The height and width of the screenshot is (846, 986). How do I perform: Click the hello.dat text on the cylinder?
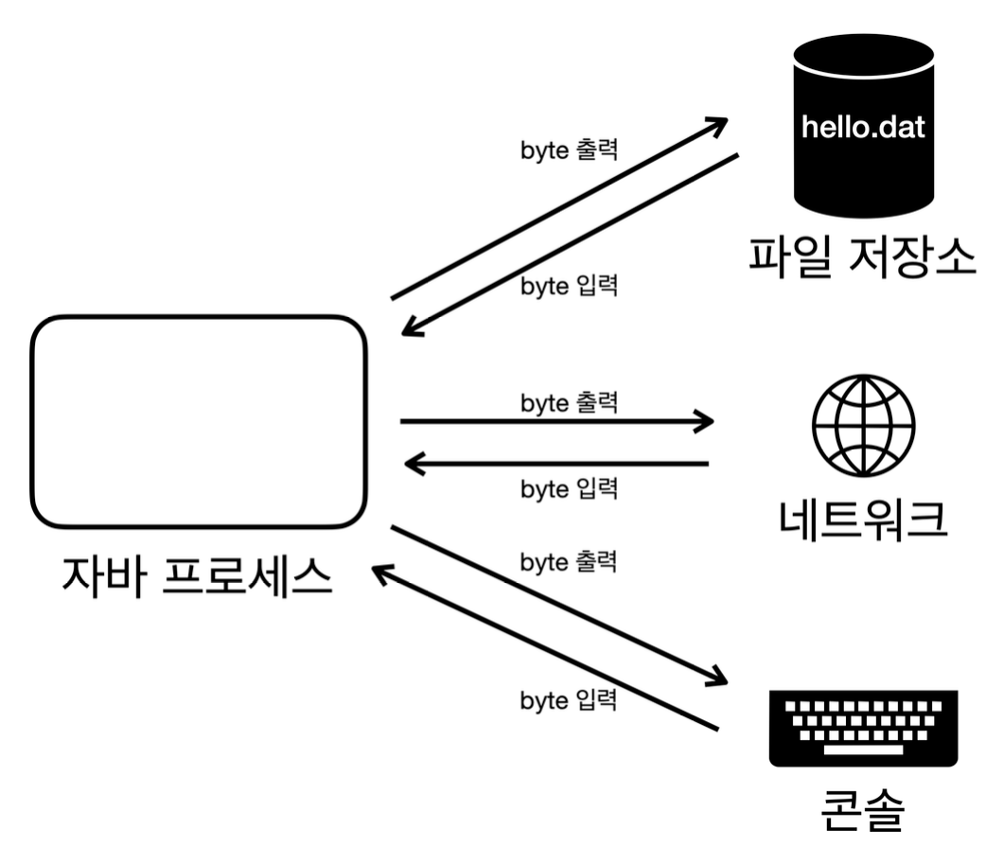[x=862, y=127]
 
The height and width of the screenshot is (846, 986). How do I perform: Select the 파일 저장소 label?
[x=862, y=256]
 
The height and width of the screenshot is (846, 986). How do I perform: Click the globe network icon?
[x=864, y=425]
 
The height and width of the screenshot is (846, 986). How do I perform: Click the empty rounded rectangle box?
[x=199, y=421]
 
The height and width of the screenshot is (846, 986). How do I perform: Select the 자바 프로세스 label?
[x=198, y=577]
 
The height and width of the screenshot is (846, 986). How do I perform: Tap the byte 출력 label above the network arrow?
[x=569, y=402]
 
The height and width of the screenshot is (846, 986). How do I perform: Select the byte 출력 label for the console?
[x=569, y=561]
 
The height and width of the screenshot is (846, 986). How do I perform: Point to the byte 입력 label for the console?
[x=569, y=700]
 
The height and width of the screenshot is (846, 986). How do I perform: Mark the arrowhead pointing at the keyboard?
[x=721, y=678]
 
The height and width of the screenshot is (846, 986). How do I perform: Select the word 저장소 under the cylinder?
[x=906, y=256]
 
